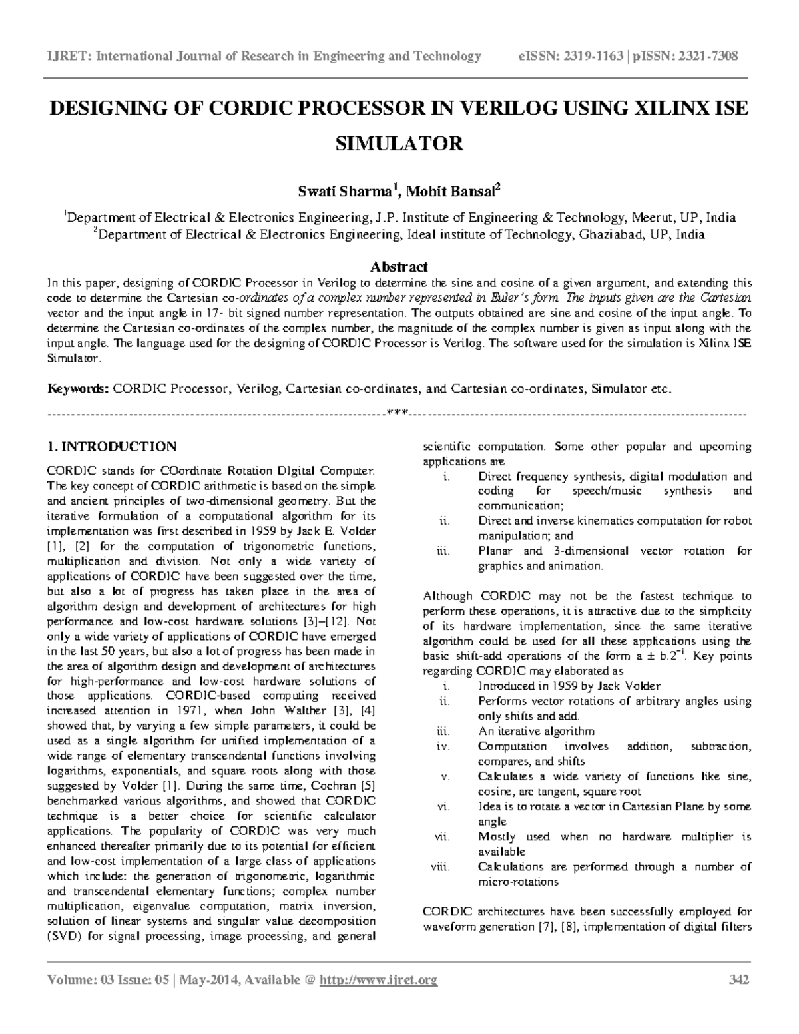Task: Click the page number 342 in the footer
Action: click(739, 979)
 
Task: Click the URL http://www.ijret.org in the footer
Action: click(378, 979)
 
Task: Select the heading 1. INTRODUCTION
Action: click(112, 446)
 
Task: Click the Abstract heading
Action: click(398, 267)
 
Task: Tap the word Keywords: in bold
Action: click(77, 389)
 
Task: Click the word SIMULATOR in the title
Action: click(398, 143)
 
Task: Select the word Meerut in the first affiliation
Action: click(651, 218)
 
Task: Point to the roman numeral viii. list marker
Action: click(440, 867)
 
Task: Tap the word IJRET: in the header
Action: click(68, 56)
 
